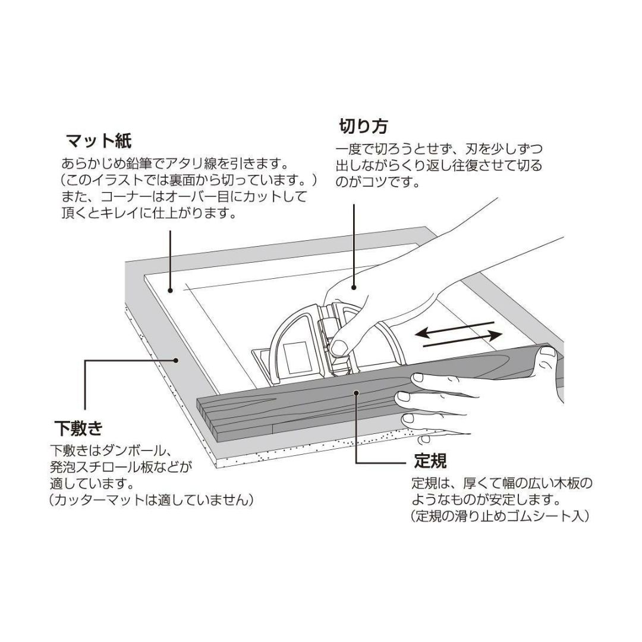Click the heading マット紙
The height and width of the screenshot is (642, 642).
[98, 141]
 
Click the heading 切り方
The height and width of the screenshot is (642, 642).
[363, 126]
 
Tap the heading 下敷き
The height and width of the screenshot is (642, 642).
[78, 427]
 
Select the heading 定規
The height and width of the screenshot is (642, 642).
[430, 461]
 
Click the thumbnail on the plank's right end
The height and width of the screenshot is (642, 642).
[547, 355]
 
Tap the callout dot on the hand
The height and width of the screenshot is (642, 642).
[354, 287]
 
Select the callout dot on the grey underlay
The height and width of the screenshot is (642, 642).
[176, 359]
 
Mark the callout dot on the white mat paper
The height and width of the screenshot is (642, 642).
[171, 290]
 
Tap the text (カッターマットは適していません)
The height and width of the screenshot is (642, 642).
[152, 500]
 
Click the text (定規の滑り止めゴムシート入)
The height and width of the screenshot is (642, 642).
[500, 516]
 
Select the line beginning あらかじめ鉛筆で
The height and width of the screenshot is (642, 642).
[175, 163]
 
